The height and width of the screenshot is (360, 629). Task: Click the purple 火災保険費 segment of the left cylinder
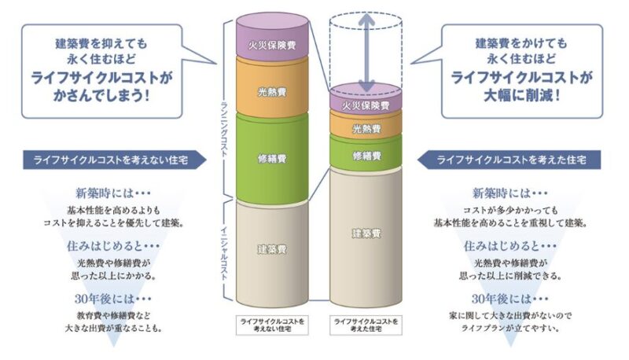pos(272,37)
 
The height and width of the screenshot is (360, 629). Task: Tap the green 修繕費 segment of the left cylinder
pos(272,158)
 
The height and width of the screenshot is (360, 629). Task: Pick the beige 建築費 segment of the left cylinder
pos(272,252)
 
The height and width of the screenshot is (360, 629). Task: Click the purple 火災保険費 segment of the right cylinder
pos(366,99)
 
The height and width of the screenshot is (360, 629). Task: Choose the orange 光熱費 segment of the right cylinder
pos(366,127)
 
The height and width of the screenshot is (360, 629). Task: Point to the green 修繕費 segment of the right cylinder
pos(366,152)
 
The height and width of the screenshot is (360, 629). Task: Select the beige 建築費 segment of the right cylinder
pos(366,237)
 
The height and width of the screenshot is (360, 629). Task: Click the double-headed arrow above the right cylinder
pos(366,53)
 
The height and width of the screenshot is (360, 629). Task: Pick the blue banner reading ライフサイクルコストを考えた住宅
pos(509,160)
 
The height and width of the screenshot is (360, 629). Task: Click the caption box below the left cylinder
pos(272,325)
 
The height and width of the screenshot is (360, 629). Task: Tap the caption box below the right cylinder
pos(366,325)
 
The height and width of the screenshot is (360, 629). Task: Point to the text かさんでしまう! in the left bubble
pos(101,96)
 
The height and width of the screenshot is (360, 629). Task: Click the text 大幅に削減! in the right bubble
pos(521,96)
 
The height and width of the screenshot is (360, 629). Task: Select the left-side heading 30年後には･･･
pos(112,299)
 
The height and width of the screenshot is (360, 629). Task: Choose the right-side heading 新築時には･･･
pos(509,193)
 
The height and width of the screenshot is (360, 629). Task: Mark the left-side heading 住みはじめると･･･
pos(112,246)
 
